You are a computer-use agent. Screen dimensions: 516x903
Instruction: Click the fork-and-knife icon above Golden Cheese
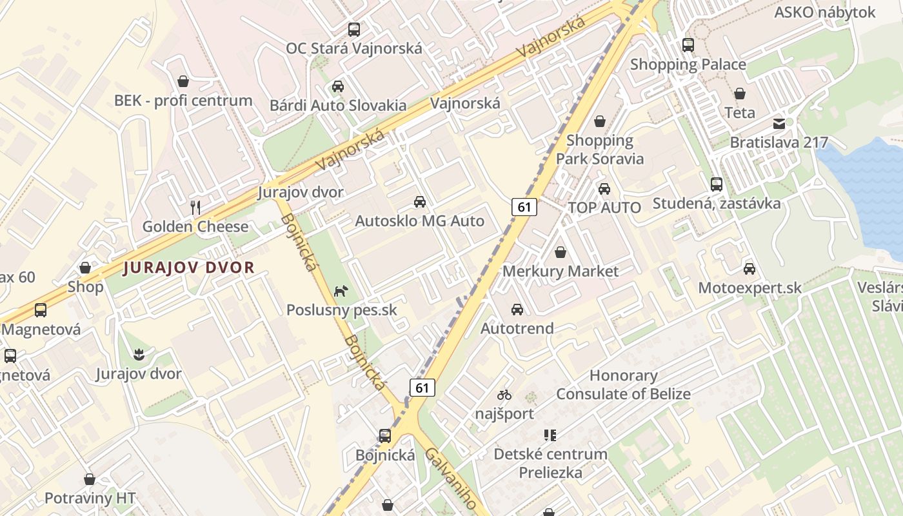[x=196, y=207]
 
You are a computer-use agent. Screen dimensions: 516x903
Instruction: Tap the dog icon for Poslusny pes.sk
[x=341, y=291]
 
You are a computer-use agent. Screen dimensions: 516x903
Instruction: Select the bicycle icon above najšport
[x=504, y=394]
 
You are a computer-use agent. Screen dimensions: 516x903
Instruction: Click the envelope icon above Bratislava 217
[x=779, y=123]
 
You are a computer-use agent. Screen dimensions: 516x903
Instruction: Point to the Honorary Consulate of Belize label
[x=623, y=384]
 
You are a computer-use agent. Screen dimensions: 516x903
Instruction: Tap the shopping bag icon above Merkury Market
[x=560, y=252]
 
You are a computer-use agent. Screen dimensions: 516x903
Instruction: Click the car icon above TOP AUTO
[x=604, y=189]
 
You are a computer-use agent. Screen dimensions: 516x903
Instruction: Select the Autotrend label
[x=517, y=328]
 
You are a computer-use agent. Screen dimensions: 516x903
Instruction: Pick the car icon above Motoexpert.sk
[x=749, y=268]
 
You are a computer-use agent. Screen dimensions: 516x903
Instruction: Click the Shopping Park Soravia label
[x=600, y=150]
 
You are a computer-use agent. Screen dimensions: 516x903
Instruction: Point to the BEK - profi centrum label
[x=183, y=101]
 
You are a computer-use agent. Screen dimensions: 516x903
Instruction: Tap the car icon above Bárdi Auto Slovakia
[x=337, y=86]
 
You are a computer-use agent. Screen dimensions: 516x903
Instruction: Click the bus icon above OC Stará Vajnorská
[x=353, y=29]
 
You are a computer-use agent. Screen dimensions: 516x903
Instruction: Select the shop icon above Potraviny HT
[x=90, y=479]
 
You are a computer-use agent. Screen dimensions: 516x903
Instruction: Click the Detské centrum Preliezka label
[x=550, y=463]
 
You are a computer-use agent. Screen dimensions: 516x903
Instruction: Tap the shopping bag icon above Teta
[x=739, y=94]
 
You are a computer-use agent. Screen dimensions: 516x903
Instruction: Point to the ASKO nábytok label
[x=824, y=12]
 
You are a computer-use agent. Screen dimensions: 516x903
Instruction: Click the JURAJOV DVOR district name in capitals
[x=189, y=267]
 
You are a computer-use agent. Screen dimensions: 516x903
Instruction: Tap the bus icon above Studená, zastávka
[x=716, y=184]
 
